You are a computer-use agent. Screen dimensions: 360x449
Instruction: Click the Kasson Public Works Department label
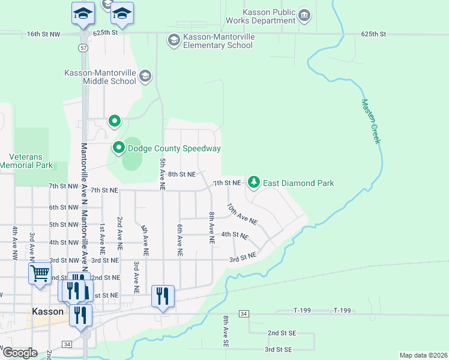[261, 16]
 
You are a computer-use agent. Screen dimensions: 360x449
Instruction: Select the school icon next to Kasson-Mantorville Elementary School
[173, 40]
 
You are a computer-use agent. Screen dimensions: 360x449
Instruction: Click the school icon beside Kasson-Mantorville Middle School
[145, 76]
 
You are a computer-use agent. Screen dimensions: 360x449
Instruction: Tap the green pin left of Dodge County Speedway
[119, 148]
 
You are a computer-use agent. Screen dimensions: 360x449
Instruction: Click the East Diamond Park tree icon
[254, 182]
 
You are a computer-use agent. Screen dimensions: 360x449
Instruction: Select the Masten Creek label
[371, 121]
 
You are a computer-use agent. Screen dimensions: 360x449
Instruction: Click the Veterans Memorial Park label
[26, 161]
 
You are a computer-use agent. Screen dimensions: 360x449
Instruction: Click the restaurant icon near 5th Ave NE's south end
[163, 295]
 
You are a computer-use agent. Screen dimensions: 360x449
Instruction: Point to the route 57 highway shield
[82, 47]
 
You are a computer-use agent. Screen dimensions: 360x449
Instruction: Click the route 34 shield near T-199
[243, 314]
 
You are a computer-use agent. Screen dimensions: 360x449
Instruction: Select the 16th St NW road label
[44, 35]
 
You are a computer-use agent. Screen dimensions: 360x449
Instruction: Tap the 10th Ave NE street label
[242, 214]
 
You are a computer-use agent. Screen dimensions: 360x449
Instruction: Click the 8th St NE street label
[182, 174]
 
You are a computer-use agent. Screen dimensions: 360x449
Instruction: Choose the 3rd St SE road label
[279, 349]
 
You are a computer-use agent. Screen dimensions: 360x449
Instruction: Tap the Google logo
[20, 353]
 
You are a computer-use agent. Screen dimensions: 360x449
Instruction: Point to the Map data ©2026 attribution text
[424, 355]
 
